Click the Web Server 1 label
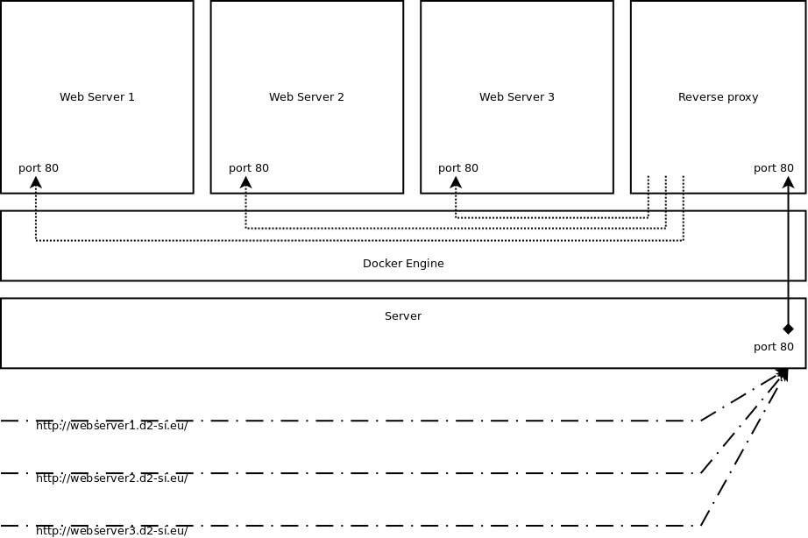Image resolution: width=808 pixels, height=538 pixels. (97, 97)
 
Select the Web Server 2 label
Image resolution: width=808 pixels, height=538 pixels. (307, 97)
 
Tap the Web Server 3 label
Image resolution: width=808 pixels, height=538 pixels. (517, 97)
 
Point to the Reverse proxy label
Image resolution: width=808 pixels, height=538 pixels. (719, 97)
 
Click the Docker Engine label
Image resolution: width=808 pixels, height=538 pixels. (403, 264)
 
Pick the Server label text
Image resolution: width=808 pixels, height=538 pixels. (403, 316)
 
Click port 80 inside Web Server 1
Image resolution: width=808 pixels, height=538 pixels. (39, 168)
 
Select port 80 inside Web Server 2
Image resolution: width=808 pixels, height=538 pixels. (249, 168)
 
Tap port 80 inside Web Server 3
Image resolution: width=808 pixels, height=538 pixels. (458, 168)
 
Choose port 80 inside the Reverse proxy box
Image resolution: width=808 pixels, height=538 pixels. (774, 168)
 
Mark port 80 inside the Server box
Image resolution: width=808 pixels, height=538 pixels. (774, 347)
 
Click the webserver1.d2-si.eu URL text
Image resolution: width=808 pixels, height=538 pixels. (112, 426)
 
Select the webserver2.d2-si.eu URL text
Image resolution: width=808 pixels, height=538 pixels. (112, 478)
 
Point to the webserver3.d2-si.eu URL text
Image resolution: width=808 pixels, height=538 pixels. (112, 531)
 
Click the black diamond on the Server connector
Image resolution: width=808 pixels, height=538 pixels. (788, 329)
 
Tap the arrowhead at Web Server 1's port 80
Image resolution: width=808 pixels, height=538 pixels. (36, 182)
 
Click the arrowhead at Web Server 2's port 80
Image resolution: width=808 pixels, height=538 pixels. (245, 182)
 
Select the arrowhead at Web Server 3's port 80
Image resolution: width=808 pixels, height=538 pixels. (456, 182)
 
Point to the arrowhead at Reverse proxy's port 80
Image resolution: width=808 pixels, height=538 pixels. (788, 182)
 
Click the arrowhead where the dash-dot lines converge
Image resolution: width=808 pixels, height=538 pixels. (783, 374)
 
